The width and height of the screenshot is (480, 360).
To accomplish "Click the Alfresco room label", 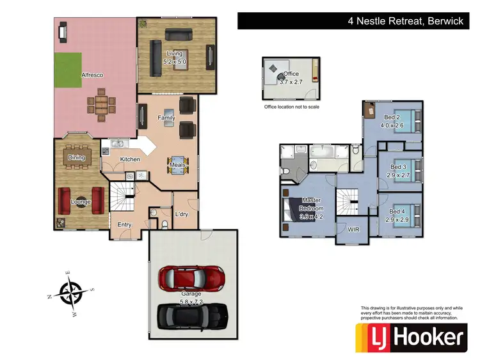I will click(92, 75).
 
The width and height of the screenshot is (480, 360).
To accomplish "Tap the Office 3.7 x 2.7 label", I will click(292, 78).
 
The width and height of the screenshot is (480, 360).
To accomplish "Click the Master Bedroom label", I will click(311, 208).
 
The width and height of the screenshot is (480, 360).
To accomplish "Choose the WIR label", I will click(353, 229).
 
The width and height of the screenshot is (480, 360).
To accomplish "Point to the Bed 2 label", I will click(392, 121).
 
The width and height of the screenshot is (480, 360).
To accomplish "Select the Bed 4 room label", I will click(394, 215).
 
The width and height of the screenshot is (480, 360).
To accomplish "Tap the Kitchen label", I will click(130, 159).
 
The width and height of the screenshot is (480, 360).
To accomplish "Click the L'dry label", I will click(181, 214).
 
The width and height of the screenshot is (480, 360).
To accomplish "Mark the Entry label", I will click(124, 224).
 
